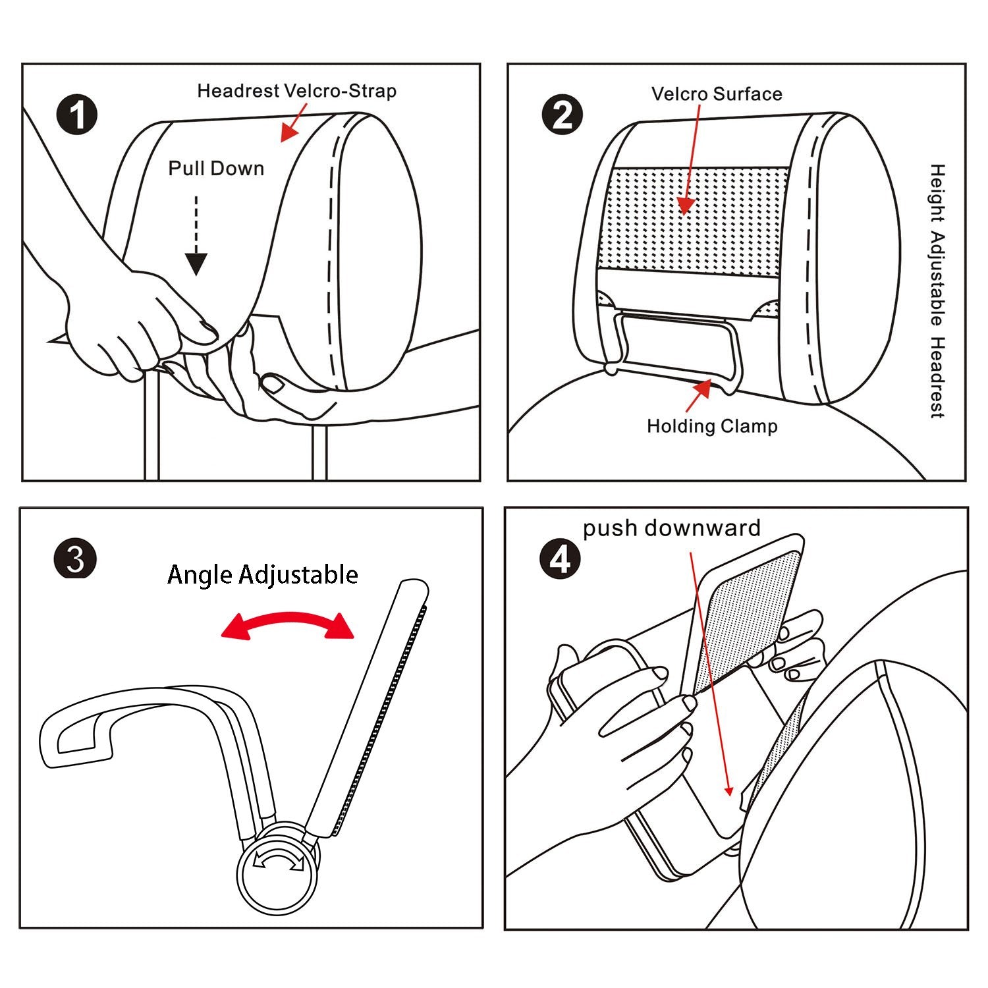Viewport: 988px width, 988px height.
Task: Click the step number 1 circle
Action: tap(77, 115)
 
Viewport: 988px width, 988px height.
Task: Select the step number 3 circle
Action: tap(75, 559)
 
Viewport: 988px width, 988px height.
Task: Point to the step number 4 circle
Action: tap(560, 559)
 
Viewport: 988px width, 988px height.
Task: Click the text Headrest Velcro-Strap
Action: tap(296, 91)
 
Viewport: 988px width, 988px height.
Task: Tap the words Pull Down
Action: tap(216, 169)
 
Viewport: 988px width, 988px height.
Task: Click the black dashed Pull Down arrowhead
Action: tap(196, 263)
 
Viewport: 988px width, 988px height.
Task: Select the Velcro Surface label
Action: tap(717, 94)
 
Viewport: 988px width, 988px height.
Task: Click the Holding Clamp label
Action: tap(712, 426)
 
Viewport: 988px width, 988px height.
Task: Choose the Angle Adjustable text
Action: tap(263, 574)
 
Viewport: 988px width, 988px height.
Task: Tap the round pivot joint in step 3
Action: tap(278, 867)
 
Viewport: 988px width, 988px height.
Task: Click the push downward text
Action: tap(671, 528)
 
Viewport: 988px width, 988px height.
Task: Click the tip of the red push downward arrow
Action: tap(729, 794)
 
